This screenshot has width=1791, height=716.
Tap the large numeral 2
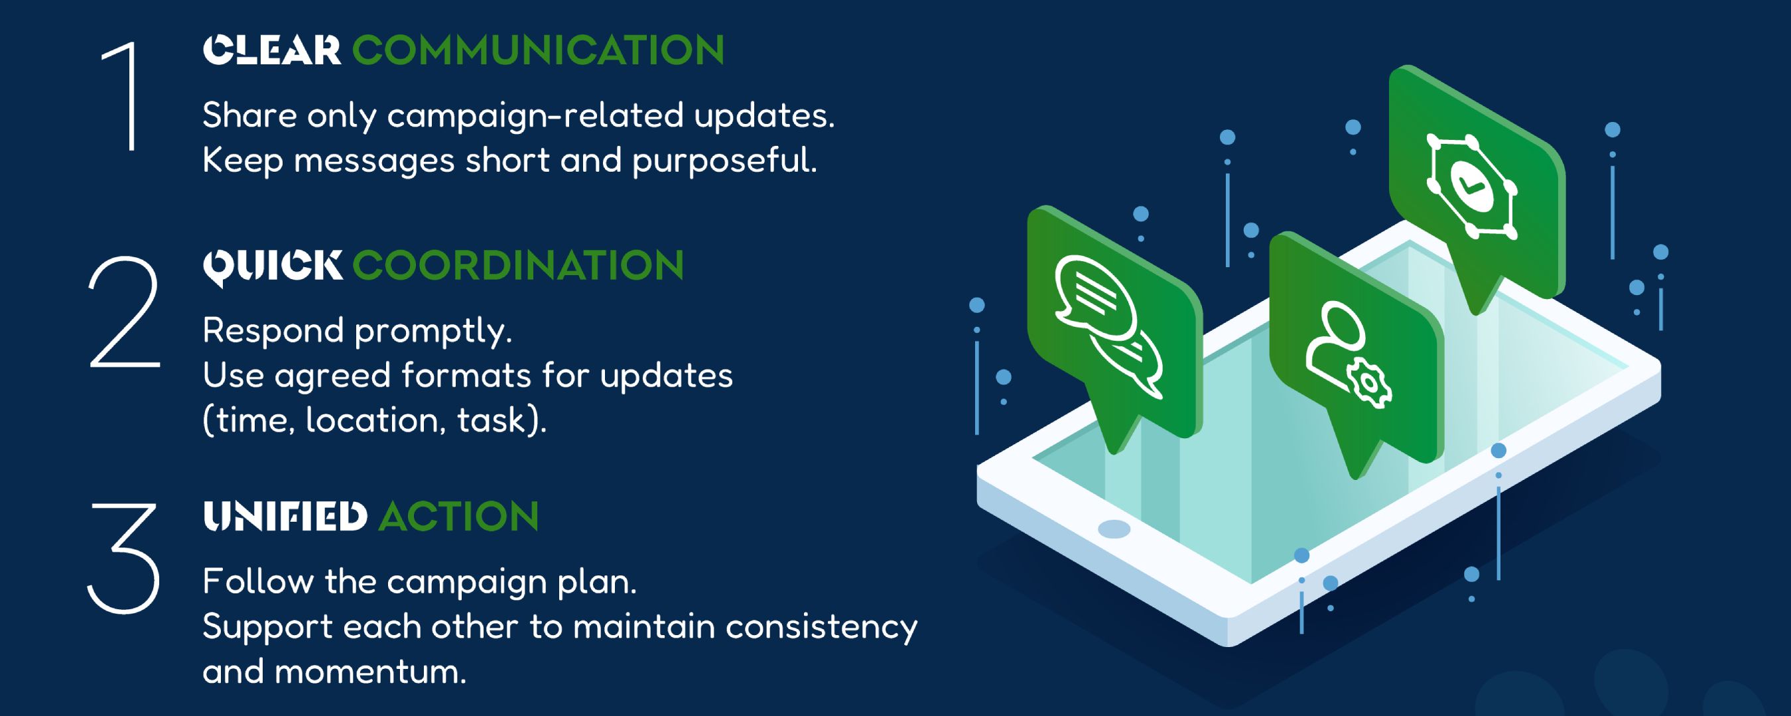[x=125, y=312]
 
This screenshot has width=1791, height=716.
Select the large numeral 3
[x=123, y=559]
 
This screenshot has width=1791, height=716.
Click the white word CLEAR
[x=272, y=51]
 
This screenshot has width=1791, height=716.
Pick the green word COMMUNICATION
[x=538, y=51]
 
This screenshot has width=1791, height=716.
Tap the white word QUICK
[x=273, y=267]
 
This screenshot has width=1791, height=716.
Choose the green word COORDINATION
[x=518, y=266]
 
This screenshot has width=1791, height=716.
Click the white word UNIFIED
[x=285, y=516]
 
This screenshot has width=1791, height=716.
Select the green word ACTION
[x=459, y=516]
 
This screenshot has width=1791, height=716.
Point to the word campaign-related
[x=535, y=116]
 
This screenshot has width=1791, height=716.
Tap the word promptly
[x=434, y=332]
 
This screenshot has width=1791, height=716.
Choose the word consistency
[x=822, y=628]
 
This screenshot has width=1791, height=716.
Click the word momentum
[x=370, y=673]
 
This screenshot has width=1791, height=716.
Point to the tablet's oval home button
[x=1114, y=530]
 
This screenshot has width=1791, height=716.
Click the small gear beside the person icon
[x=1369, y=383]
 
